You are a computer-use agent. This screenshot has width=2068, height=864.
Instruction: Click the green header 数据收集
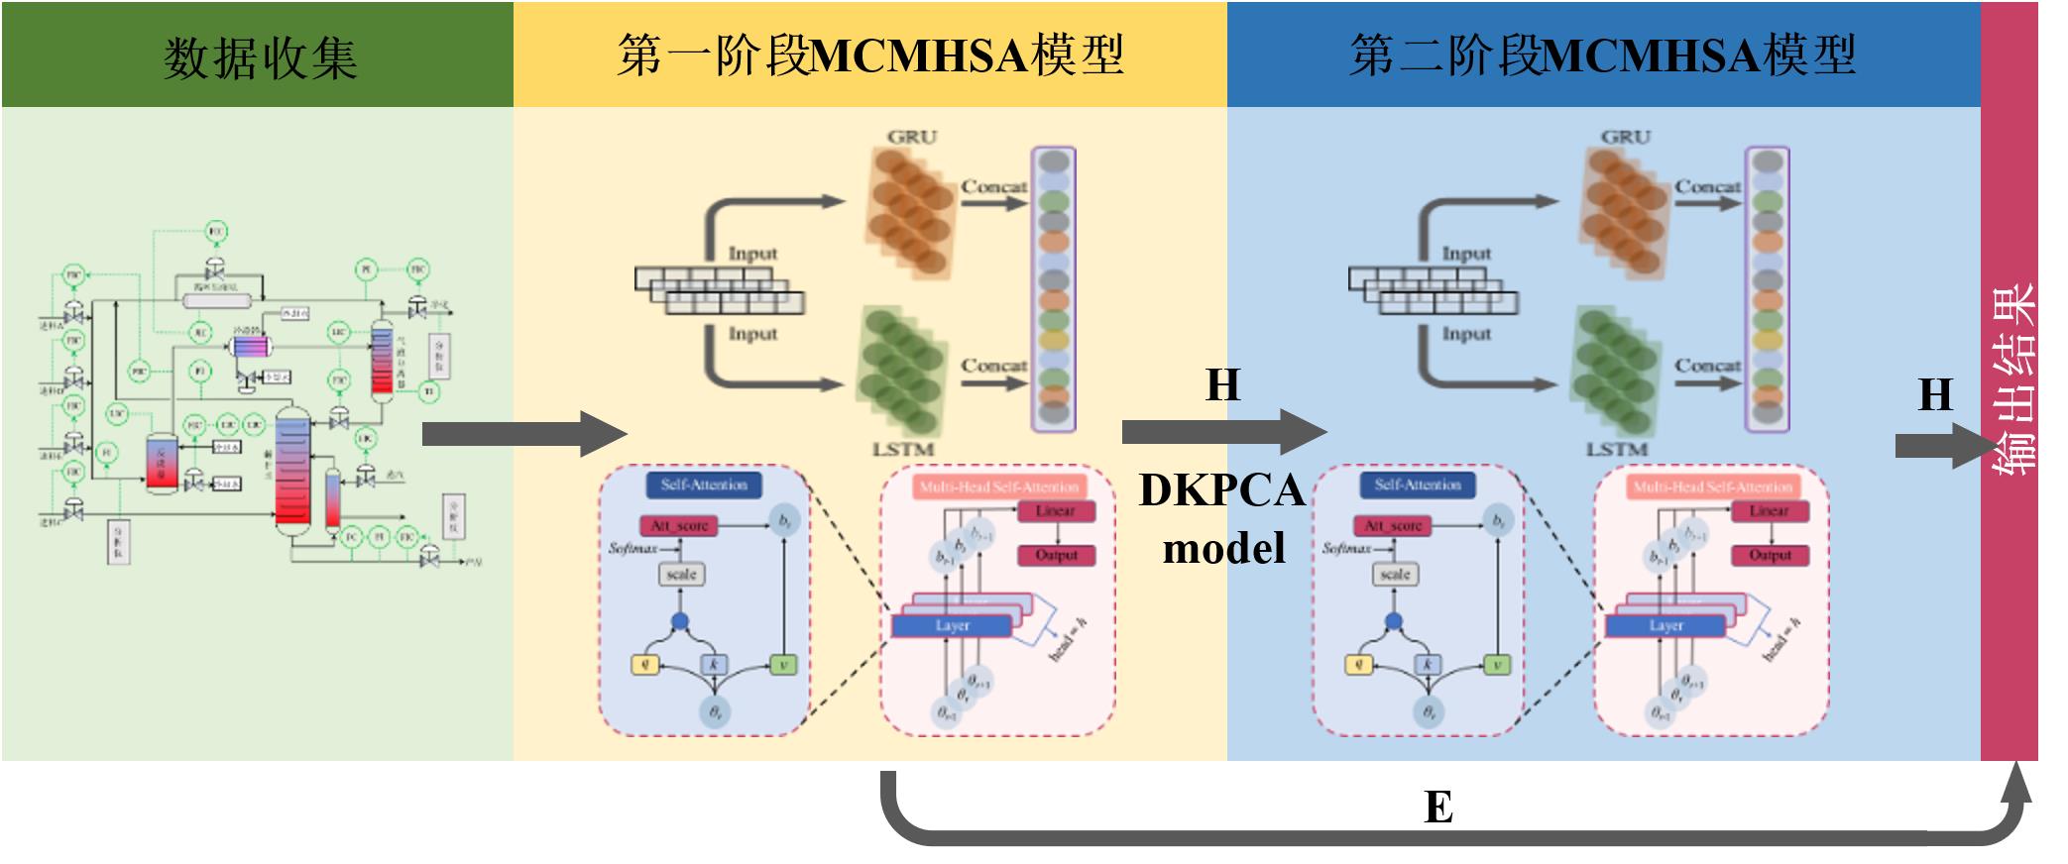click(259, 56)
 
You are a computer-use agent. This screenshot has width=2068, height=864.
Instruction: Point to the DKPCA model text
click(1222, 518)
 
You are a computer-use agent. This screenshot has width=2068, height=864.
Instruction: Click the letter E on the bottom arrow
click(1438, 808)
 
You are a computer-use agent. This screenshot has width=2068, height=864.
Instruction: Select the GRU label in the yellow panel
click(912, 137)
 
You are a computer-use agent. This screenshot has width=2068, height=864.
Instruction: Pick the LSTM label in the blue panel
click(1616, 449)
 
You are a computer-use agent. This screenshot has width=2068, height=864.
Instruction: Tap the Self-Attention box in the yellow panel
click(704, 485)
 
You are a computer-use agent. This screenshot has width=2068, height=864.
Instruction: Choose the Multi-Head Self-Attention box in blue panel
click(1712, 486)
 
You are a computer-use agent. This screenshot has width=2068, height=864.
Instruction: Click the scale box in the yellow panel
click(681, 574)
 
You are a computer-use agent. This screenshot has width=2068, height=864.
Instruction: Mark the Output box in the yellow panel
click(1056, 555)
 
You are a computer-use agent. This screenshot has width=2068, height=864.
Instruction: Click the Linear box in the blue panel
click(1769, 511)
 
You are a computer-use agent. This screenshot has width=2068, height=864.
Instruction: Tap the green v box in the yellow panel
click(783, 665)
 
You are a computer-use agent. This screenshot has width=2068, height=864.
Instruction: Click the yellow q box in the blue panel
click(1358, 665)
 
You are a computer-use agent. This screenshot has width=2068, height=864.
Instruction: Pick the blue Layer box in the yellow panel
click(952, 626)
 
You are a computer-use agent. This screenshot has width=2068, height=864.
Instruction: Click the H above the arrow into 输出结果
click(1934, 395)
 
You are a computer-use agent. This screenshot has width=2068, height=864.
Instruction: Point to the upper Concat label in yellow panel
click(993, 186)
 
